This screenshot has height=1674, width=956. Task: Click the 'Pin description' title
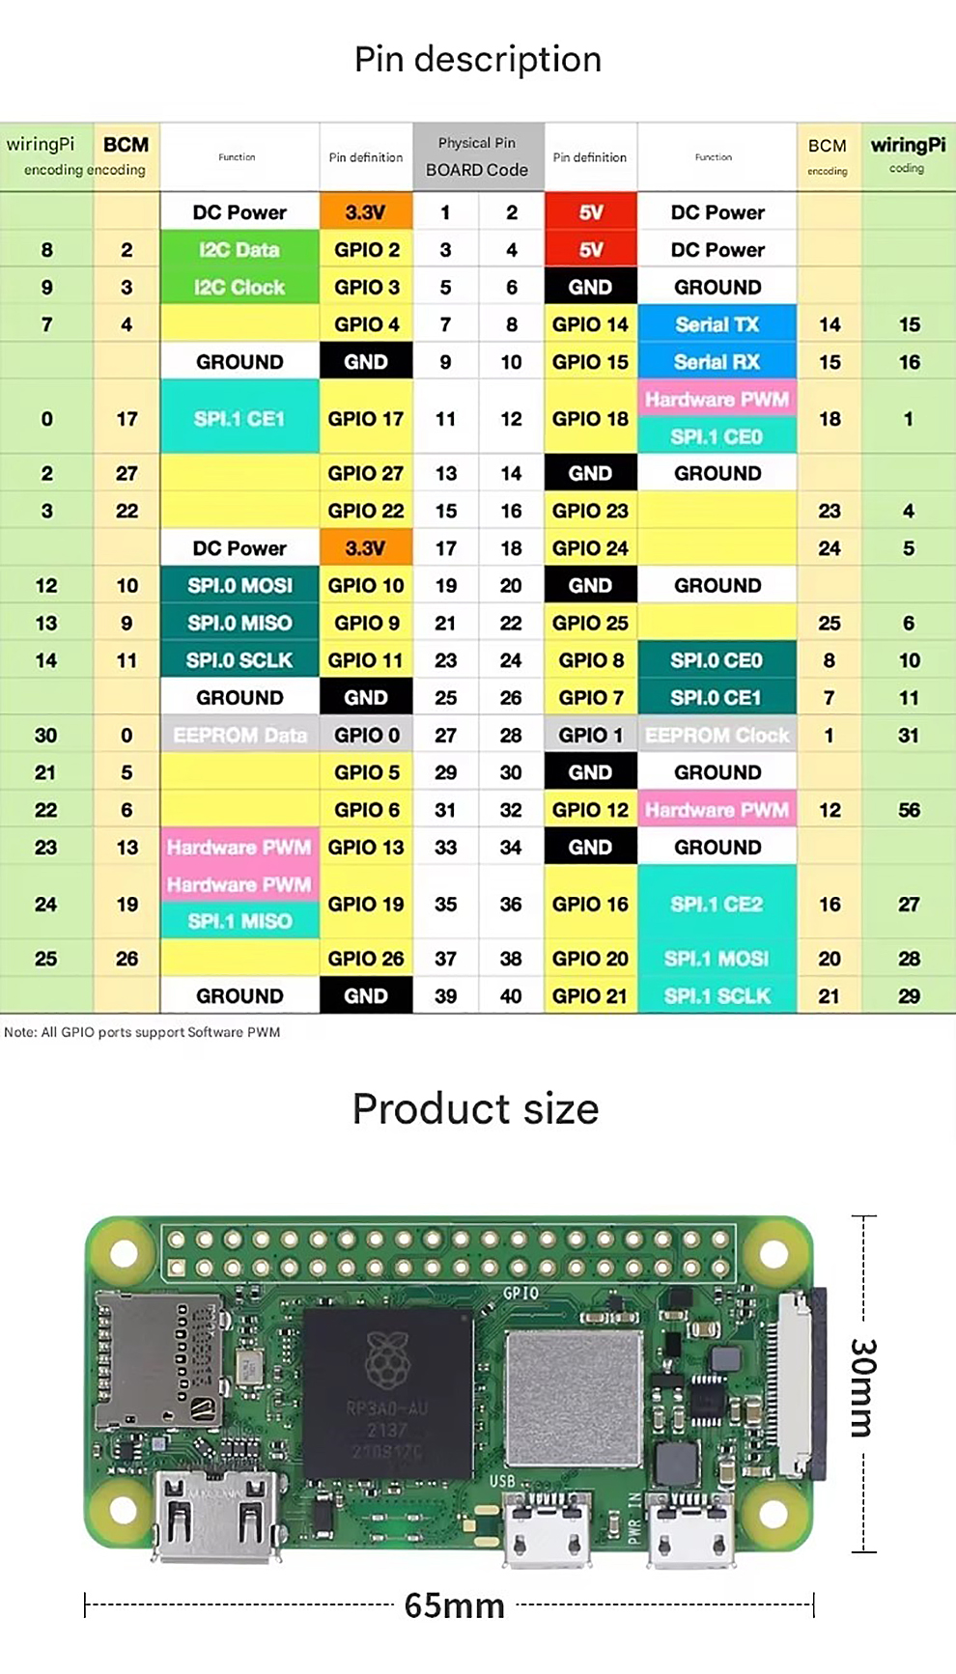tap(478, 60)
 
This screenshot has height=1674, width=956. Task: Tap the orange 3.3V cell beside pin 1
tap(365, 212)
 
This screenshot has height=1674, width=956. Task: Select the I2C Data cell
tap(239, 250)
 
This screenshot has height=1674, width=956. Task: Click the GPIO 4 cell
tap(366, 324)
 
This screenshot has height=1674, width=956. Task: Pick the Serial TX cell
tap(717, 324)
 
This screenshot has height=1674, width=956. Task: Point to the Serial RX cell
tap(717, 362)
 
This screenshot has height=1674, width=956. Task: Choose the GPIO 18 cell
tap(590, 419)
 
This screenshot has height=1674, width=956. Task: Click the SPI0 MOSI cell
tap(239, 586)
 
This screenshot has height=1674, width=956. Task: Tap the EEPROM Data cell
tap(239, 736)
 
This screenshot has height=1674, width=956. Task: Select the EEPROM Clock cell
tap(717, 736)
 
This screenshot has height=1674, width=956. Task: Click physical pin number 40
tap(511, 996)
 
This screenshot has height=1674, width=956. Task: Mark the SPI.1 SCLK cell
tap(717, 996)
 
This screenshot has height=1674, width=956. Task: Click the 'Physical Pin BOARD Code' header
tap(477, 156)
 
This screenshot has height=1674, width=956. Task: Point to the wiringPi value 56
tap(909, 810)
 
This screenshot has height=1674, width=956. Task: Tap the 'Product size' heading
tap(475, 1109)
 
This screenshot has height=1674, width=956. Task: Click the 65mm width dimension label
tap(454, 1605)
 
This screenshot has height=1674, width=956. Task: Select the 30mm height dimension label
tap(862, 1386)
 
